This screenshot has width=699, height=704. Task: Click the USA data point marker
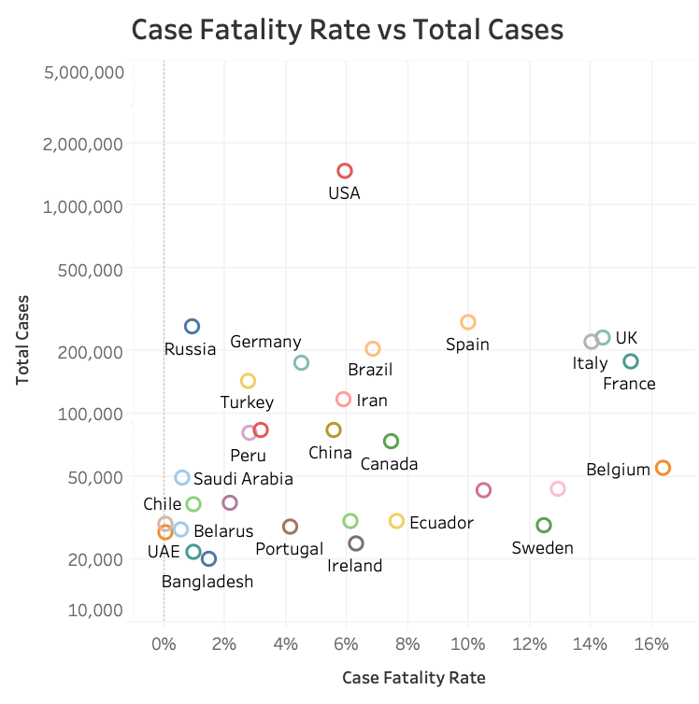345,171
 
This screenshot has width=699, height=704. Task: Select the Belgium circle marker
663,468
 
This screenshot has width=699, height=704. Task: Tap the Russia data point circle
192,327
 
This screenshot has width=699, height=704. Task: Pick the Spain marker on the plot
468,322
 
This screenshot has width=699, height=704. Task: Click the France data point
631,361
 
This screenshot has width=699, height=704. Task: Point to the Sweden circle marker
544,526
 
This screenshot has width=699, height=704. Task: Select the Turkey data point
248,381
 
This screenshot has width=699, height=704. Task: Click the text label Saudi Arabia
243,479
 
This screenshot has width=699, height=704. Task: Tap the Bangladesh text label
207,582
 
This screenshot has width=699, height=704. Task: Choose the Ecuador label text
441,523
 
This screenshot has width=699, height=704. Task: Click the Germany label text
265,342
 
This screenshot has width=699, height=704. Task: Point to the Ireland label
355,566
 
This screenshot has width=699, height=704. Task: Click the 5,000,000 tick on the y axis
84,73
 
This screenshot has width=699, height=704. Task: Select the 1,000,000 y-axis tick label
84,206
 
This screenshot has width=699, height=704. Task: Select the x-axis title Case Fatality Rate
414,677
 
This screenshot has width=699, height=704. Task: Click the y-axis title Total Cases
22,341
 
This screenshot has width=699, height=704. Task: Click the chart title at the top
348,30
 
